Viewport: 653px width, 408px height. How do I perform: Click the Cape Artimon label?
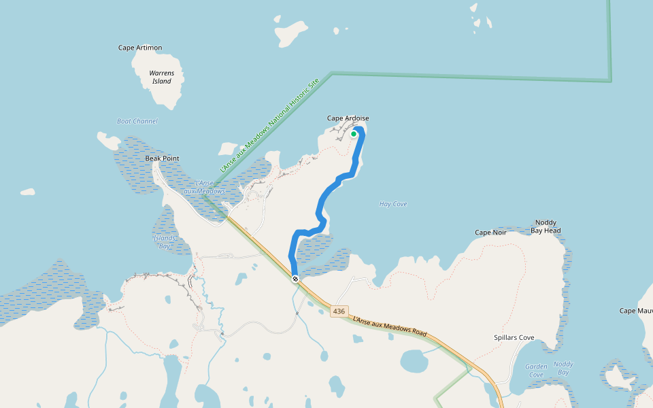coord(140,48)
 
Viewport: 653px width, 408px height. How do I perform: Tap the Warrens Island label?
coord(162,77)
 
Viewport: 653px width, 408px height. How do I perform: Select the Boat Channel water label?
coord(137,121)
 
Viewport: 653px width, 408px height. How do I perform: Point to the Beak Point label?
coord(162,158)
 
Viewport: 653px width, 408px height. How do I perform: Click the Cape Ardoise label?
coord(348,118)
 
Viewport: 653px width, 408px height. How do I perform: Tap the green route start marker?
coord(354,134)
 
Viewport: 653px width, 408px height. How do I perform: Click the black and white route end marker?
coord(295,279)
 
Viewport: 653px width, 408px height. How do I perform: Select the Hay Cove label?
coord(392,204)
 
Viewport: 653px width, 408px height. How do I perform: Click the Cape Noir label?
coord(490,233)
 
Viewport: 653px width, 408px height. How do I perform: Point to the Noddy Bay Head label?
coord(546,226)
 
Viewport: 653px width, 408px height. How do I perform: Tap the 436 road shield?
coord(339,311)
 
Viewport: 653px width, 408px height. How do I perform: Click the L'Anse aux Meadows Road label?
coord(389,326)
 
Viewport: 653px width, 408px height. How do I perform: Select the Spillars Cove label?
coord(514,337)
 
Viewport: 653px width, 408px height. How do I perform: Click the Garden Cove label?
coord(536,371)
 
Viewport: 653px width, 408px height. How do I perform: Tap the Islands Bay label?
coord(164,242)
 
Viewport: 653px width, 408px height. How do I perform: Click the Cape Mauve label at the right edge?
coord(636,311)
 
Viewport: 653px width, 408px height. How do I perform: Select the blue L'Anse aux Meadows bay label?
coord(210,187)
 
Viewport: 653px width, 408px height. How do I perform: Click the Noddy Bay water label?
coord(563,368)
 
